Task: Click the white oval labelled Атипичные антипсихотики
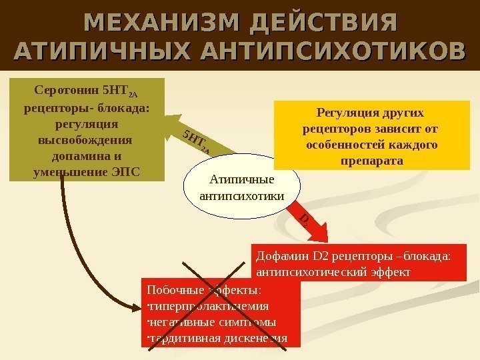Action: (241, 188)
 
